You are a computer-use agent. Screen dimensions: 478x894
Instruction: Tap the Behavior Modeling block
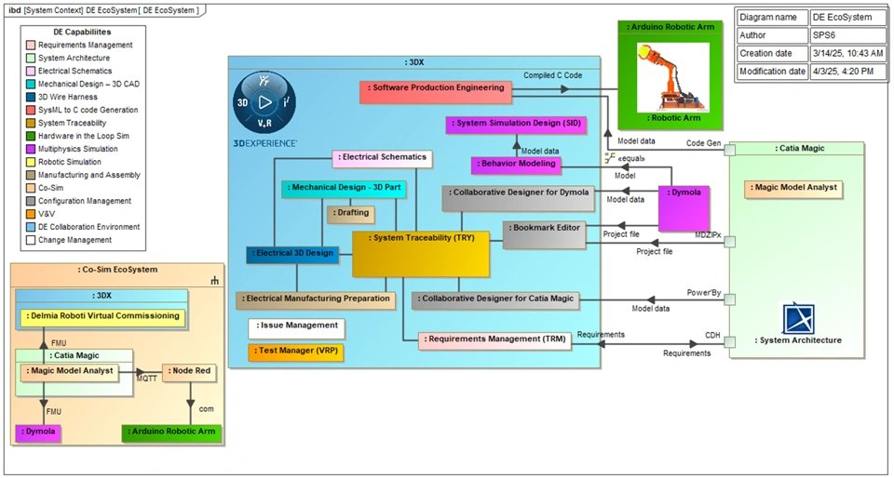pyautogui.click(x=516, y=165)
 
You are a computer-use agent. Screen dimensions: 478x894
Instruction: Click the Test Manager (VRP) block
pyautogui.click(x=294, y=352)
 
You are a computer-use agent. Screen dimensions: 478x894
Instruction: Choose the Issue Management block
pyautogui.click(x=294, y=328)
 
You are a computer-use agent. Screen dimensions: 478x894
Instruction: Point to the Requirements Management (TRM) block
pyautogui.click(x=494, y=341)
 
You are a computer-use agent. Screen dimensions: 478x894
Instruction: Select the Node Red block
pyautogui.click(x=189, y=371)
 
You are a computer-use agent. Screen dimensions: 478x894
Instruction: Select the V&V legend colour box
pyautogui.click(x=31, y=214)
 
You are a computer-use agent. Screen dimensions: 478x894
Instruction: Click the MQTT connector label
pyautogui.click(x=147, y=378)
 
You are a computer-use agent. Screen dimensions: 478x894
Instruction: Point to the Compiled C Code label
pyautogui.click(x=552, y=75)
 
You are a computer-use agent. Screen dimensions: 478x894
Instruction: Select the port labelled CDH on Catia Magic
pyautogui.click(x=729, y=341)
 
